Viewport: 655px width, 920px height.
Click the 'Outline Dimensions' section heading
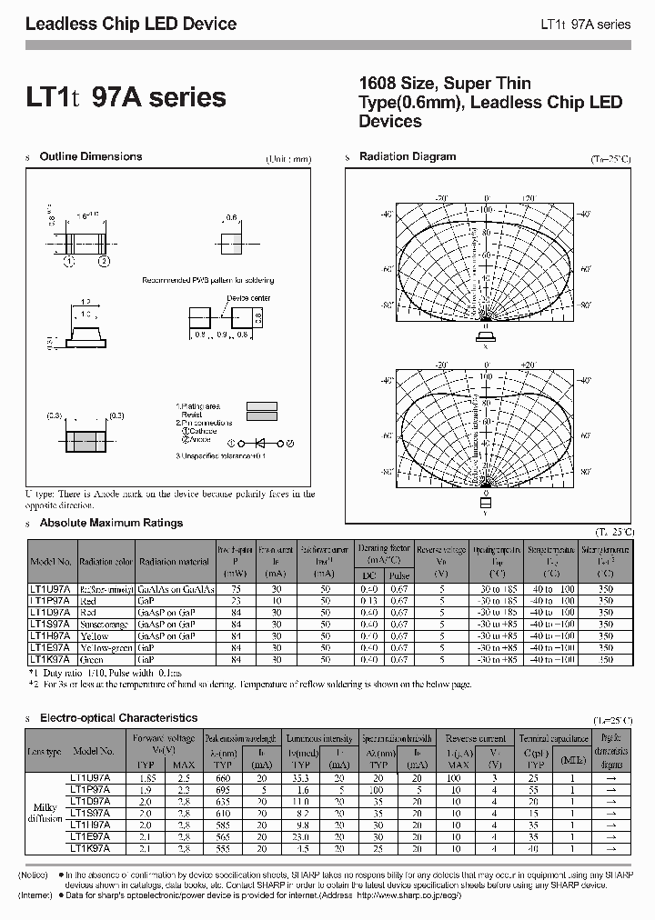(91, 156)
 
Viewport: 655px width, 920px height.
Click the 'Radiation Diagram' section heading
(407, 156)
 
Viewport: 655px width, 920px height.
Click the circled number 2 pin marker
(104, 261)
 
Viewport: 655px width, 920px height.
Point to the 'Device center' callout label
(248, 298)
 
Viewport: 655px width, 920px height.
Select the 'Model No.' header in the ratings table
(51, 562)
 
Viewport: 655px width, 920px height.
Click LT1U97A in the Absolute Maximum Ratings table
(51, 589)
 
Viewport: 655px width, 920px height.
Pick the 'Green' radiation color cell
(94, 658)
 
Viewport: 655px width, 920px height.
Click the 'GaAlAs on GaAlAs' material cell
(175, 589)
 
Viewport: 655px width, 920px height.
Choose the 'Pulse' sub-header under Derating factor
(398, 575)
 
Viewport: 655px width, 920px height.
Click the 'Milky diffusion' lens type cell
(43, 815)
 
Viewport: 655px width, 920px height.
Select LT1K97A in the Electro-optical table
(90, 847)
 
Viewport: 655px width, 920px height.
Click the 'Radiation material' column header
(175, 562)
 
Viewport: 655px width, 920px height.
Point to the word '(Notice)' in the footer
(35, 874)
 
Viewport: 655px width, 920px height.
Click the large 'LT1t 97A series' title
(126, 96)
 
